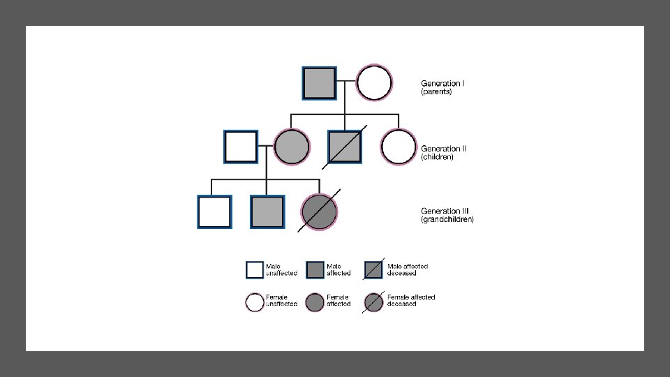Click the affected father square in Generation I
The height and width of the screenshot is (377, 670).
(x=319, y=83)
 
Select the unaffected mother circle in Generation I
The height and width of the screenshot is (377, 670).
(x=374, y=83)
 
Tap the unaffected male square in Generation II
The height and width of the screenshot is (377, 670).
(x=241, y=147)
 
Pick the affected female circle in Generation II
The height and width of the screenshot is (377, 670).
(x=291, y=147)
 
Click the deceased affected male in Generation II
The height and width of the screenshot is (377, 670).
(x=345, y=147)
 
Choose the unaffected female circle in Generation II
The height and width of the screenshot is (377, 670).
(x=399, y=147)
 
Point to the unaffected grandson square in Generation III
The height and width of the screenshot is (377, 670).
(x=214, y=212)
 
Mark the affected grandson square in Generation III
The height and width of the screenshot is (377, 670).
(x=267, y=212)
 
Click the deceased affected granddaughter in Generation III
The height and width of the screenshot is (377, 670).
(x=319, y=212)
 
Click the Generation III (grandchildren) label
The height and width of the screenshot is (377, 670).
(x=447, y=215)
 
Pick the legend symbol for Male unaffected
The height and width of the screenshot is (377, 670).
(x=255, y=269)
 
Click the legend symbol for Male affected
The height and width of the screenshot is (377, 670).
(x=315, y=269)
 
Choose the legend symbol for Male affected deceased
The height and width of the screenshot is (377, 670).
(x=373, y=269)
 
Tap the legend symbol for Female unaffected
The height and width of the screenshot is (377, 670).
(x=255, y=302)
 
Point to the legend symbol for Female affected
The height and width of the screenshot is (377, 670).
(x=315, y=302)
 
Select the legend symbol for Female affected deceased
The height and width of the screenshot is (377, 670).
(x=373, y=302)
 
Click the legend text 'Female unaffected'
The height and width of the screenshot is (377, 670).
(x=281, y=300)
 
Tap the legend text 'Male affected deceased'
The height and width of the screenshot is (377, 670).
(x=408, y=269)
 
